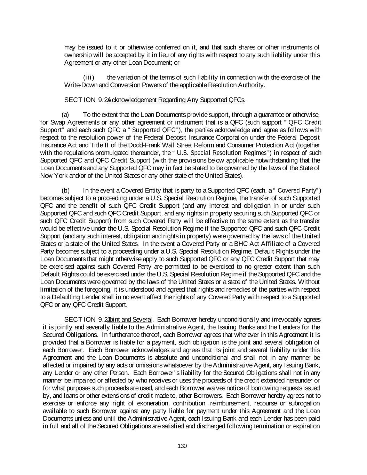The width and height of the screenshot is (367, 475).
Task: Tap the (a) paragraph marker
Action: coord(65,115)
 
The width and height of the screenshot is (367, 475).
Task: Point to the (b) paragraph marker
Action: coord(65,190)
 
